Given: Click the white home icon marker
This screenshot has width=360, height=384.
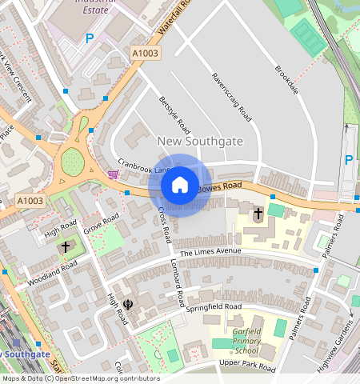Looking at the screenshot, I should coord(180,185).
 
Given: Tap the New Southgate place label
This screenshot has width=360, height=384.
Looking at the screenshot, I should coord(199,141).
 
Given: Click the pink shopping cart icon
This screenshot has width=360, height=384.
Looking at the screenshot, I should coord(113,174).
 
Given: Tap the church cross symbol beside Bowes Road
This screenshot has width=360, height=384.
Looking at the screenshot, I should coord(258,214).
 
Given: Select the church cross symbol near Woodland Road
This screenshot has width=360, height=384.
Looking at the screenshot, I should coord(65,247).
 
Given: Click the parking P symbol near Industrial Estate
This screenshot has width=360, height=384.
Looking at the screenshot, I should coord(90,38).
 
